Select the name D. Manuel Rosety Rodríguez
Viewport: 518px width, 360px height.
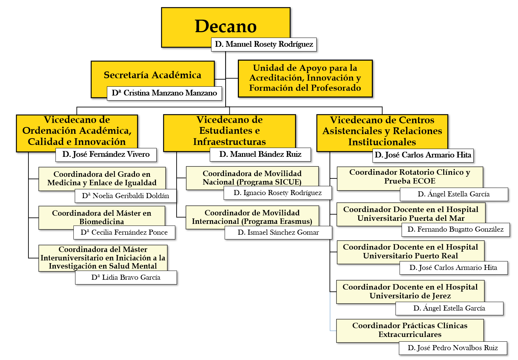264,44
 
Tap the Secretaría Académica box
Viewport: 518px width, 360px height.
152,75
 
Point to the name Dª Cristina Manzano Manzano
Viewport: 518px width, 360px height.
164,93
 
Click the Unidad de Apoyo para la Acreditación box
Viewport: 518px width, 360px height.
305,78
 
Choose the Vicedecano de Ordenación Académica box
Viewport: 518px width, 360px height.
77,131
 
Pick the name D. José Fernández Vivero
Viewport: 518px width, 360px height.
106,155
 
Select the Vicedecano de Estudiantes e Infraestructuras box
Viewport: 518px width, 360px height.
229,131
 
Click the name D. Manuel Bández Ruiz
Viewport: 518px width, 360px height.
260,154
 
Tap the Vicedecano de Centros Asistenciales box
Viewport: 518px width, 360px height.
382,131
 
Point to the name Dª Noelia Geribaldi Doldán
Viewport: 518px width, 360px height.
126,196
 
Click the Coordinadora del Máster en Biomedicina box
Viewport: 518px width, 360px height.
102,217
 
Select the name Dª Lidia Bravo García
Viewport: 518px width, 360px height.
126,278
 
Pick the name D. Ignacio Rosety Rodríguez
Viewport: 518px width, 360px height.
277,193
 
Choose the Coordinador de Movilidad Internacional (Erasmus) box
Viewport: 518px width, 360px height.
252,217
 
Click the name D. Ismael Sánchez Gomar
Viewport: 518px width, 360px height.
278,232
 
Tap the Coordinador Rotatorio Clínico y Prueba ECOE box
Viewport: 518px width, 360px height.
410,176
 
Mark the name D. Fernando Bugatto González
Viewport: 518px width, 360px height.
455,230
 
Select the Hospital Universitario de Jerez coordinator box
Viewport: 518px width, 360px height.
410,291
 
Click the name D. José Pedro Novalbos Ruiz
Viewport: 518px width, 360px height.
453,348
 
